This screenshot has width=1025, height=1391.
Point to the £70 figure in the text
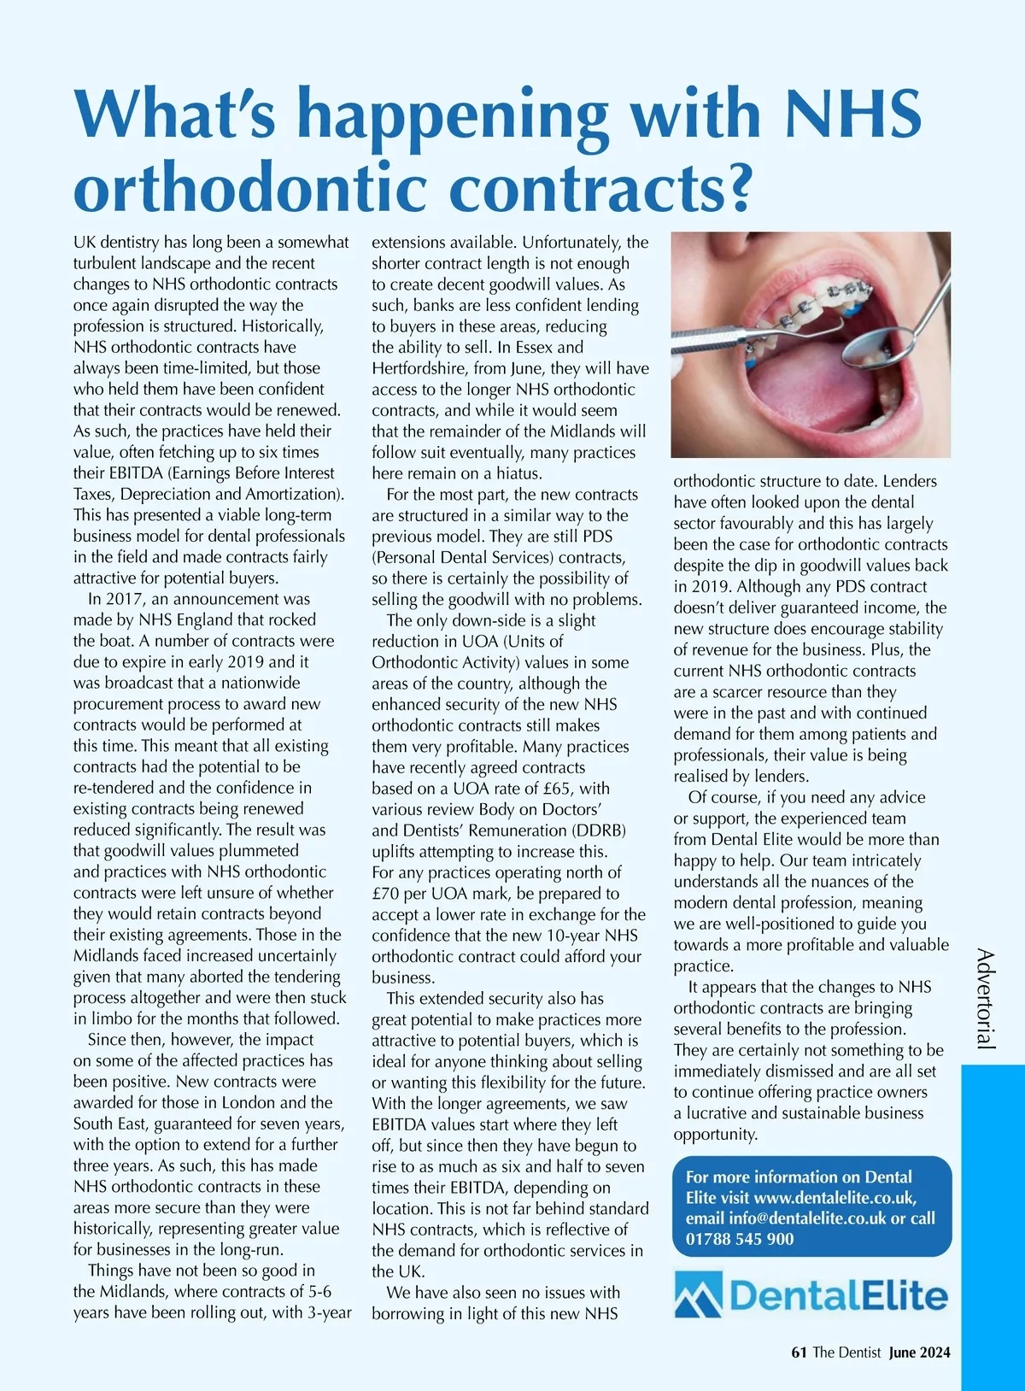388,894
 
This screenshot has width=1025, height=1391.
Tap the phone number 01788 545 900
740,1239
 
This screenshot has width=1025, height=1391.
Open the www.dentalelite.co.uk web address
835,1198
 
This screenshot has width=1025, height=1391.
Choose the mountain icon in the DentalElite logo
698,1295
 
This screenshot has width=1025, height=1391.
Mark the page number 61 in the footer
799,1353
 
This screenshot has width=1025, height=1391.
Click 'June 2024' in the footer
919,1353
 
